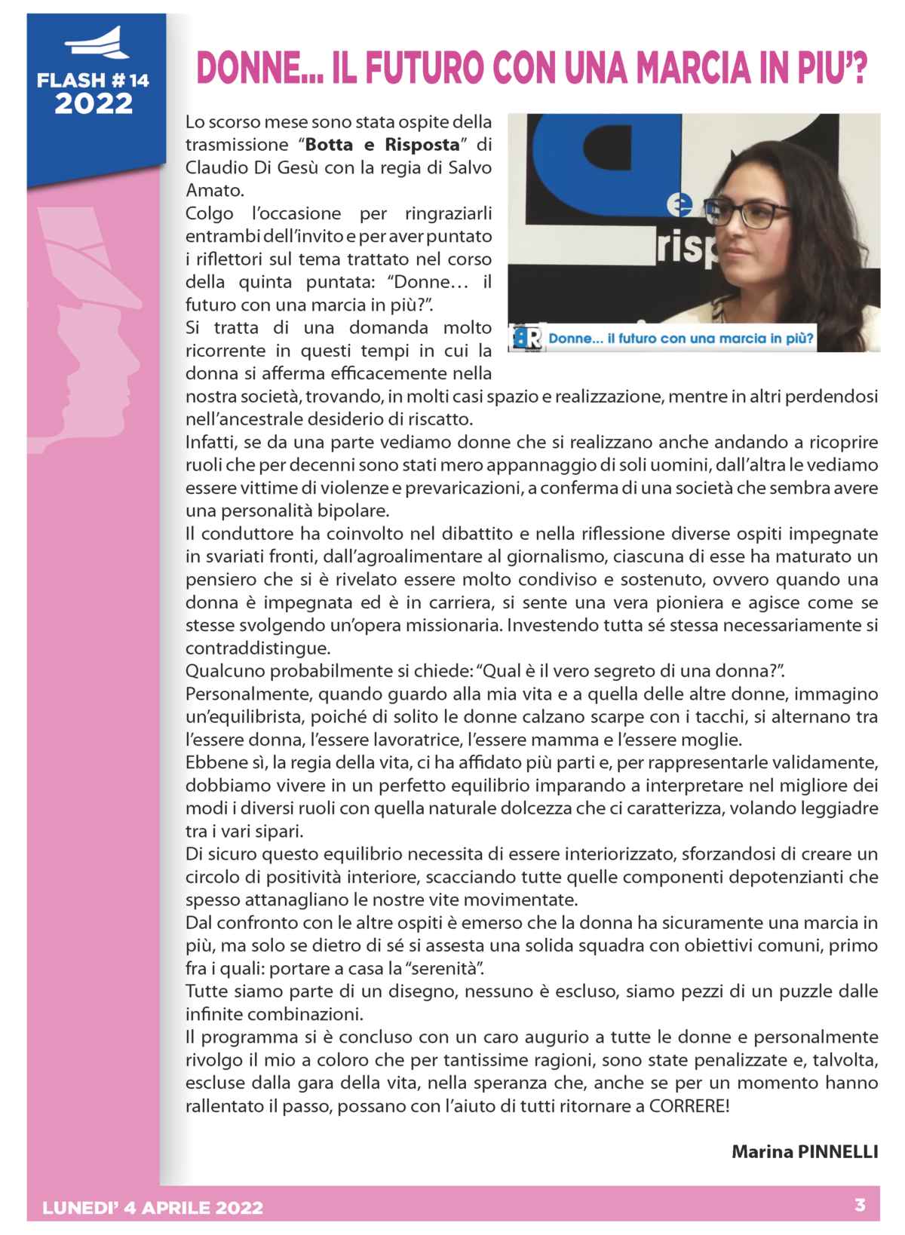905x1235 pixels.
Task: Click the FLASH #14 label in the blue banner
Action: point(93,80)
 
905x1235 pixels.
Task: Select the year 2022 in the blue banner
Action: point(94,103)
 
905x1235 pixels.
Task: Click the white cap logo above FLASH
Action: point(97,44)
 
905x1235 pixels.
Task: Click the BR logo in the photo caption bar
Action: point(527,339)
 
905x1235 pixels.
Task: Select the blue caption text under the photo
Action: point(681,339)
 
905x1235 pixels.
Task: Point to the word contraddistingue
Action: point(258,648)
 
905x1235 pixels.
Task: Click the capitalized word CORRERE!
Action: point(689,1105)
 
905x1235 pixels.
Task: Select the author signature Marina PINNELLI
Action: point(805,1151)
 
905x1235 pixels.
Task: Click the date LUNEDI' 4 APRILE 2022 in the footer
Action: point(153,1208)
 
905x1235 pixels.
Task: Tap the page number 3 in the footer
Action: point(860,1205)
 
